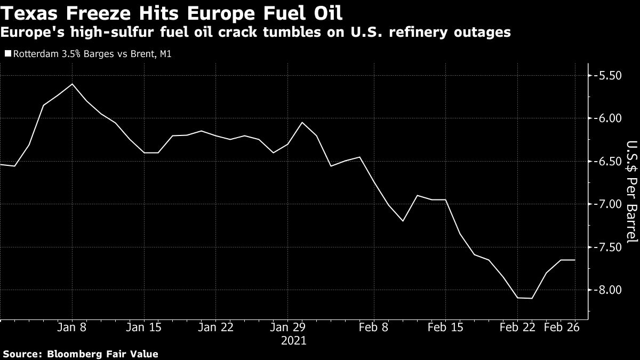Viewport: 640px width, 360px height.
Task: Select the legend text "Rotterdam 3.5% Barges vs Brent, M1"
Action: coord(91,53)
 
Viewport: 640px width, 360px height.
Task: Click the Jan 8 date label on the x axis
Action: coord(73,327)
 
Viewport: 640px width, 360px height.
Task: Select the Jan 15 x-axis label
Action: coord(144,327)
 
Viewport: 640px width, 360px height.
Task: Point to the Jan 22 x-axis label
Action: coord(215,327)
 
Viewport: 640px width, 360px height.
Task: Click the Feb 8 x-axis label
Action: coord(374,327)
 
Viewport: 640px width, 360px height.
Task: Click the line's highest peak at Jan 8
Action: coord(73,84)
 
